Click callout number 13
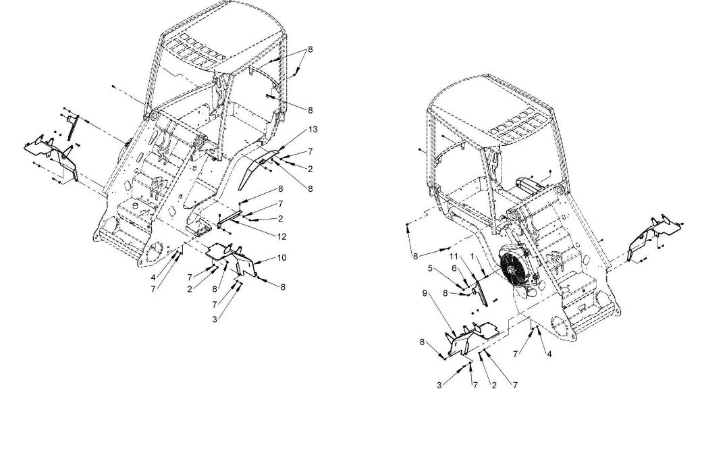[313, 130]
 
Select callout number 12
[281, 236]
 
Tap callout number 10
[281, 257]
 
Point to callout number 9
[425, 293]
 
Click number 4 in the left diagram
[153, 278]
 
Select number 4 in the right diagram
[549, 354]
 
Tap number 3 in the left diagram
[215, 319]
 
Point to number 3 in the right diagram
[439, 385]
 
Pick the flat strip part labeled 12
[230, 219]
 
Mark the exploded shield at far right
[653, 237]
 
